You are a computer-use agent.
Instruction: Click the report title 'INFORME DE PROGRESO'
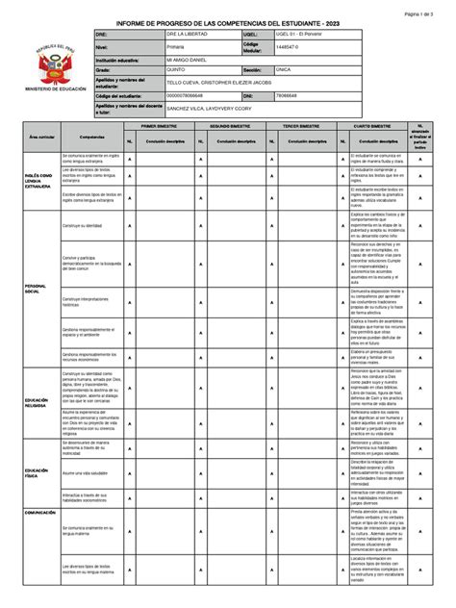(x=227, y=22)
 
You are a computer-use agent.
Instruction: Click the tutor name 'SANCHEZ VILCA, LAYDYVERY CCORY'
(x=212, y=109)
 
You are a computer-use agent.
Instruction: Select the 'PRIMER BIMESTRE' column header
(x=165, y=126)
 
